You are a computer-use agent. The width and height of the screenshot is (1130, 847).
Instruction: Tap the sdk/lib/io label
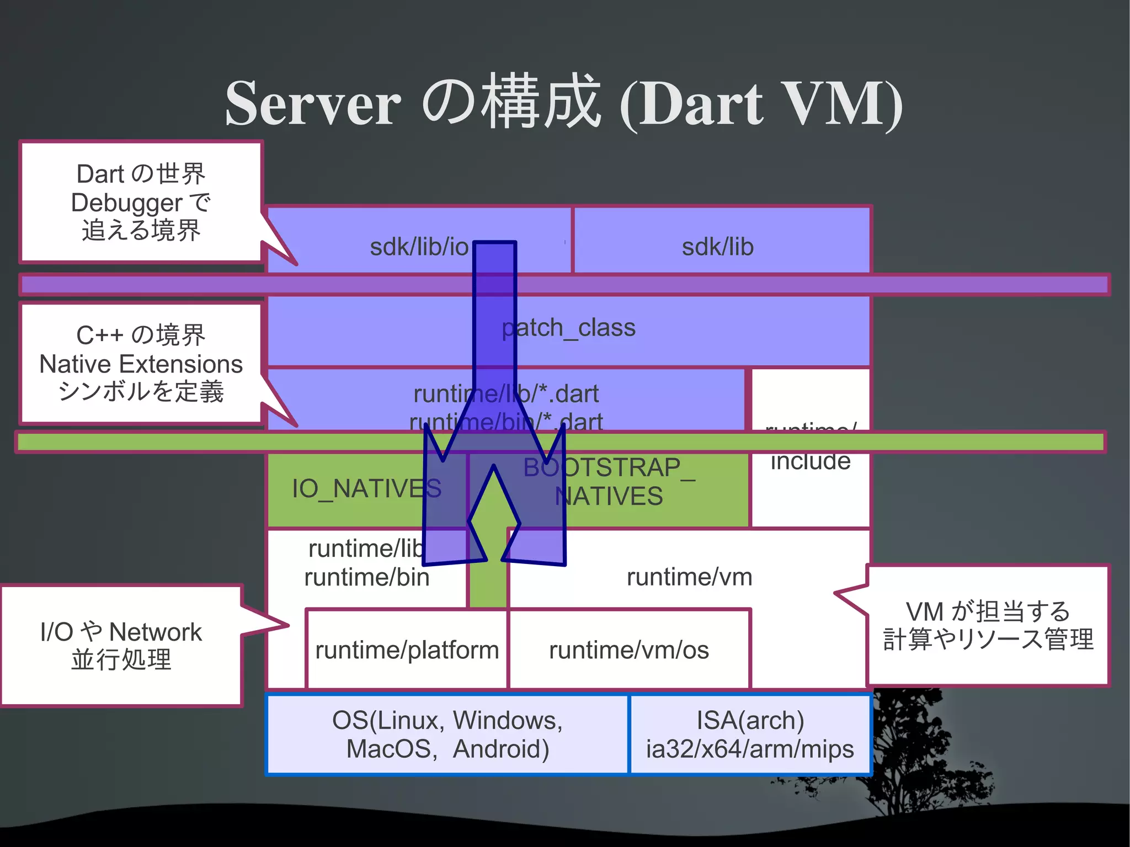[419, 247]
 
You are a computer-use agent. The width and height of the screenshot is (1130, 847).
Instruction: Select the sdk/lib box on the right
[718, 247]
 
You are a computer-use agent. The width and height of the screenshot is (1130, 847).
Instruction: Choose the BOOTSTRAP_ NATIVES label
[609, 482]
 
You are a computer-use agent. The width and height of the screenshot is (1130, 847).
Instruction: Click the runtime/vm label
[689, 577]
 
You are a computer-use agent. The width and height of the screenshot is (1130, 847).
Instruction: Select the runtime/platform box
[407, 650]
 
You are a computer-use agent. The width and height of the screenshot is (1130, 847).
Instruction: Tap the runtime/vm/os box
[629, 650]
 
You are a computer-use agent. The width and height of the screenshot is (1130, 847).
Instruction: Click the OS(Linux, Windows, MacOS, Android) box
[447, 734]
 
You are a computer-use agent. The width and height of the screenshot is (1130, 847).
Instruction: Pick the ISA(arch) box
[750, 734]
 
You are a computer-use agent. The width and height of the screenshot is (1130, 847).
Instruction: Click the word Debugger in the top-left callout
[126, 203]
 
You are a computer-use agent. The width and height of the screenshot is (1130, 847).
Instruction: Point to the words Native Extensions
[141, 364]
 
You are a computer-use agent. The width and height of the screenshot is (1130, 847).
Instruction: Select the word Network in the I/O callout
[156, 632]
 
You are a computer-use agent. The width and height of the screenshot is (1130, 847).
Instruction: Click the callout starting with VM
[988, 625]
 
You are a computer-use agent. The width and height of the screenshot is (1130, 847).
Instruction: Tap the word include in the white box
[811, 461]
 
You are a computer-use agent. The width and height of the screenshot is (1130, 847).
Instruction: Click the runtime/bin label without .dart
[366, 578]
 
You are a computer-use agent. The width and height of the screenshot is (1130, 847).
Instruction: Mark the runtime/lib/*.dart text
[506, 394]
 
